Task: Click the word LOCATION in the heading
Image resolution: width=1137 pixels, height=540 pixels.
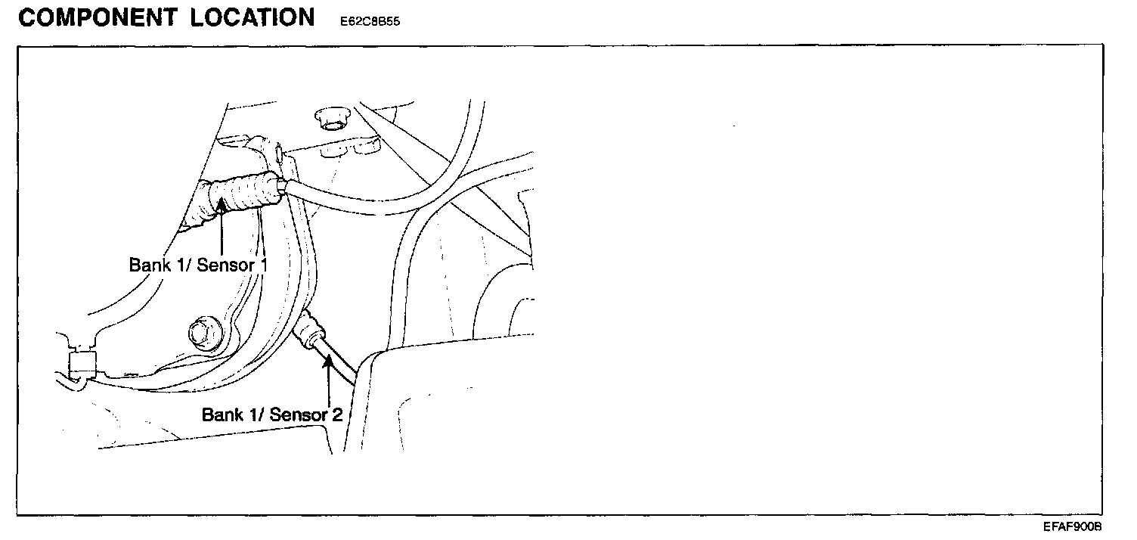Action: coord(252,18)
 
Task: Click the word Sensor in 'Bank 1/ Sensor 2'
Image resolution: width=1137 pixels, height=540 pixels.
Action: coord(296,415)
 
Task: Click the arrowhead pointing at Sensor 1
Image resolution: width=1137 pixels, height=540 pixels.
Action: coord(222,206)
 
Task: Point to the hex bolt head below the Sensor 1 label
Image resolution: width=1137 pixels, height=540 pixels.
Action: coord(201,331)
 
